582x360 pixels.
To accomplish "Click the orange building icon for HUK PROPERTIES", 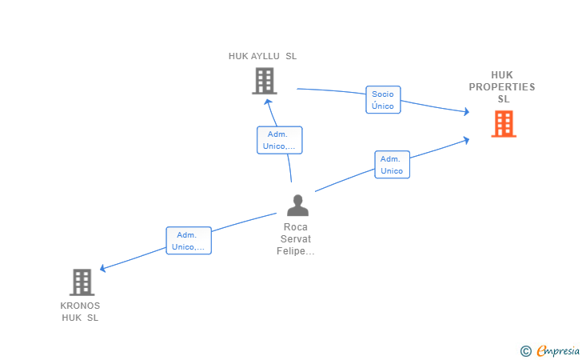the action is pyautogui.click(x=504, y=124).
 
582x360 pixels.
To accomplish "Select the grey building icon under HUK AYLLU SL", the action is pyautogui.click(x=265, y=81).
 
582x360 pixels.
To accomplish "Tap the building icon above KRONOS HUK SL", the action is pyautogui.click(x=82, y=282).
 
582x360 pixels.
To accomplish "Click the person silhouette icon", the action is pyautogui.click(x=297, y=205).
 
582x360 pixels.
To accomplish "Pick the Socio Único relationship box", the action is pyautogui.click(x=383, y=99).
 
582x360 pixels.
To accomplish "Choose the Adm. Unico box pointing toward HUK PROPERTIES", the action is pyautogui.click(x=392, y=165).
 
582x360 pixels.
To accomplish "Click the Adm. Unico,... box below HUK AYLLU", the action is pyautogui.click(x=280, y=140).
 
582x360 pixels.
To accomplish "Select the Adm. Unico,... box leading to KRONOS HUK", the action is pyautogui.click(x=189, y=240).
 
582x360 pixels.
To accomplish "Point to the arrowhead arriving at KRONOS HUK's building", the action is pyautogui.click(x=103, y=268).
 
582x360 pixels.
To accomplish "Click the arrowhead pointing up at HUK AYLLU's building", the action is pyautogui.click(x=268, y=102).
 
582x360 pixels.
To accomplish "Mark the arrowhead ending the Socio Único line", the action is pyautogui.click(x=467, y=111).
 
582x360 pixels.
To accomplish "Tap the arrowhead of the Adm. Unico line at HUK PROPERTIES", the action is pyautogui.click(x=467, y=140).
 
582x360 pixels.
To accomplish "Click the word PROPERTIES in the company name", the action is pyautogui.click(x=502, y=87).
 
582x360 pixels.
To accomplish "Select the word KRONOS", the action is pyautogui.click(x=80, y=306).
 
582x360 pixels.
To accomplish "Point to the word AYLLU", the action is pyautogui.click(x=265, y=56).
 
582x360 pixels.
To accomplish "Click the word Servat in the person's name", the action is pyautogui.click(x=296, y=239).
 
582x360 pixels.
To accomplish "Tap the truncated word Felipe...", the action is pyautogui.click(x=296, y=251).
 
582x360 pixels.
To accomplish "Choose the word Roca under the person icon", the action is pyautogui.click(x=296, y=227).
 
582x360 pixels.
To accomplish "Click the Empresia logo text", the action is pyautogui.click(x=558, y=350).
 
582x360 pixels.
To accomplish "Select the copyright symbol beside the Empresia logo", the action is pyautogui.click(x=526, y=351).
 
